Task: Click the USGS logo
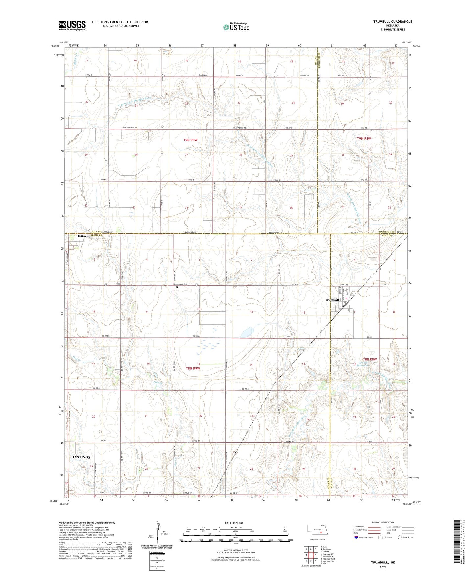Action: (x=72, y=25)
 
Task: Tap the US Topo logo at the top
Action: (x=236, y=27)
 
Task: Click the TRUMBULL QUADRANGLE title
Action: (x=392, y=22)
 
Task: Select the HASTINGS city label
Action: (x=81, y=457)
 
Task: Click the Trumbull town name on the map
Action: (x=332, y=300)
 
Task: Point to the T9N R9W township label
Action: (x=190, y=140)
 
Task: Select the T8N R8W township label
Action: (x=369, y=359)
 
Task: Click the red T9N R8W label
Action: (x=364, y=139)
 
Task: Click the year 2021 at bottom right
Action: (x=383, y=567)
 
